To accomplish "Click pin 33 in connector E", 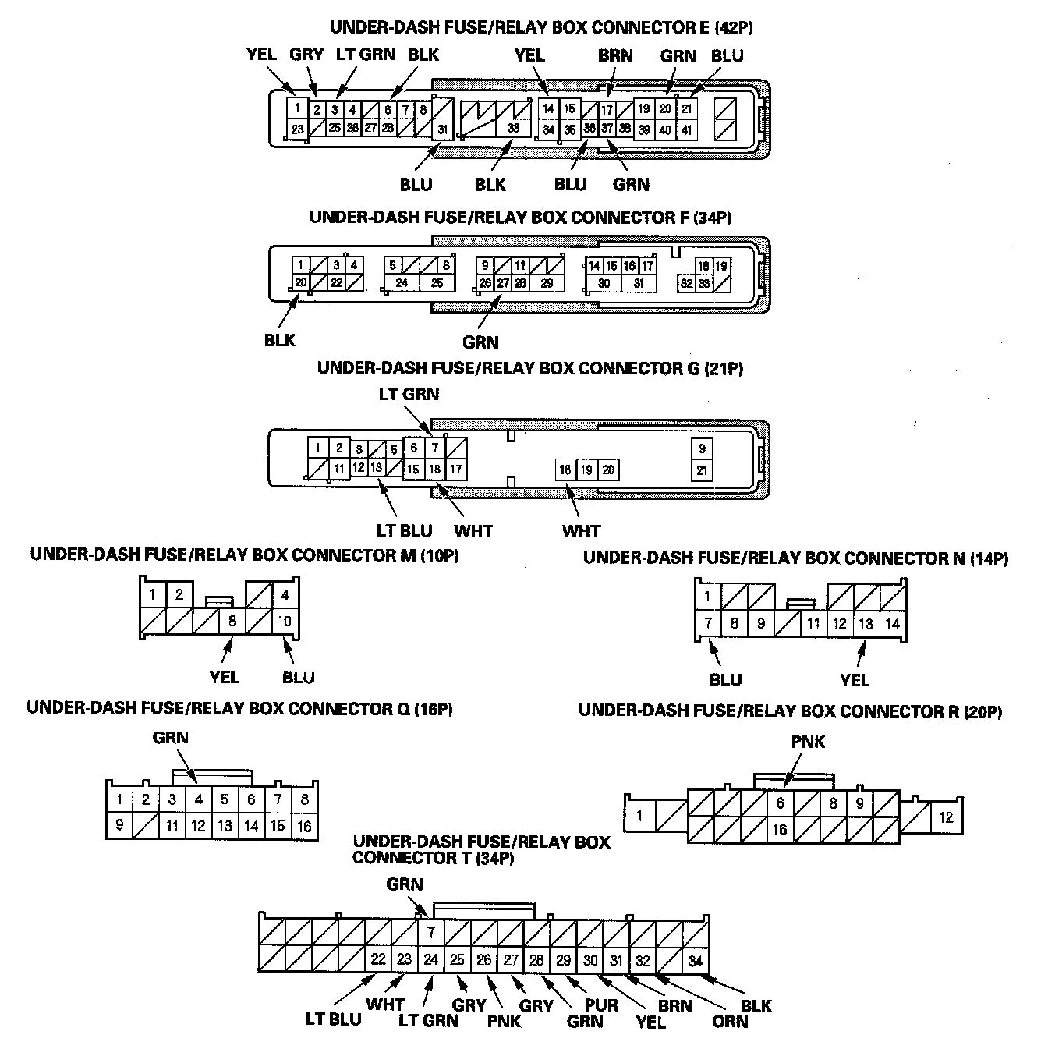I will tap(512, 129).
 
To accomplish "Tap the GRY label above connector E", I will tap(306, 55).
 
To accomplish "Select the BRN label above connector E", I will tap(615, 55).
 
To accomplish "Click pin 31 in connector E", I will tap(443, 129).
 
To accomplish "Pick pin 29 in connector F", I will tap(547, 283).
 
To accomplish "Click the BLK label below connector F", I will tap(280, 340).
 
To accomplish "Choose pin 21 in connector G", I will tap(703, 470).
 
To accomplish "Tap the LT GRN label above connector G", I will tap(409, 394).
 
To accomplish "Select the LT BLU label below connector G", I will tap(404, 531).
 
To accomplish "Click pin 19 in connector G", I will tap(587, 470).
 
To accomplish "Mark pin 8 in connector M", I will tap(232, 622).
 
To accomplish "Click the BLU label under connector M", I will tap(298, 677).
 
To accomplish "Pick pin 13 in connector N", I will tap(866, 624).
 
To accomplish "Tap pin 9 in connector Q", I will tap(119, 824).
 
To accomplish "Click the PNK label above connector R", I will tap(808, 742).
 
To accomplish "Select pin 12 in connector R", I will tap(946, 817).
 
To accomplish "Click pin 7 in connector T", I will tap(430, 931).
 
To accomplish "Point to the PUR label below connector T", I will tap(601, 1004).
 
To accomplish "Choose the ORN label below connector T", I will tap(730, 1020).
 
